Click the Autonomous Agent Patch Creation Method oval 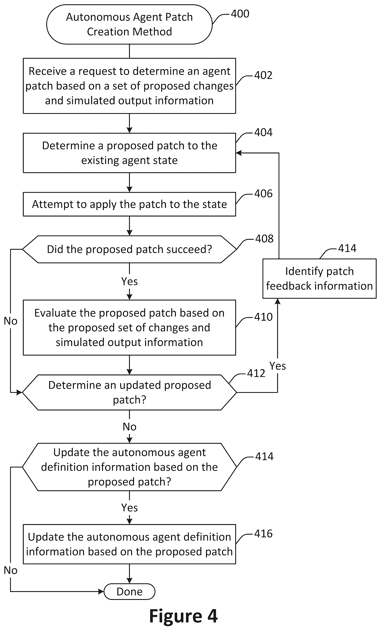coord(129,24)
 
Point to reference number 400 coord(240,14)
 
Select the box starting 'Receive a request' coord(129,86)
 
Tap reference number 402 coord(263,75)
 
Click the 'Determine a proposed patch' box coord(129,153)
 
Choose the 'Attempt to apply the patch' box coord(129,204)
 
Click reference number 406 coord(263,194)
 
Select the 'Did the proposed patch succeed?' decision coord(129,249)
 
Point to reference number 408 coord(264,239)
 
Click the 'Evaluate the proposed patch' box coord(129,328)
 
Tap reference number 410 coord(263,317)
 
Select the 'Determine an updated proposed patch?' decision coord(129,392)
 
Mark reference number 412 coord(256,374)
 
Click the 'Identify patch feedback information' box coord(319,279)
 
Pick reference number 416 coord(263,534)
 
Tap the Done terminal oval coord(129,591)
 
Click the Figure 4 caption coord(183,616)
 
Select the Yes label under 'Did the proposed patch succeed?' coord(129,282)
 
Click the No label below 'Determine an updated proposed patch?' coord(129,427)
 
